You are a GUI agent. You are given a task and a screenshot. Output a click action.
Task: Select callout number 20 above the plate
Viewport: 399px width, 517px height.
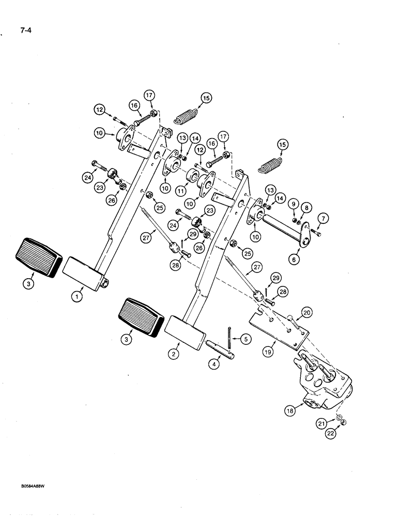click(307, 312)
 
